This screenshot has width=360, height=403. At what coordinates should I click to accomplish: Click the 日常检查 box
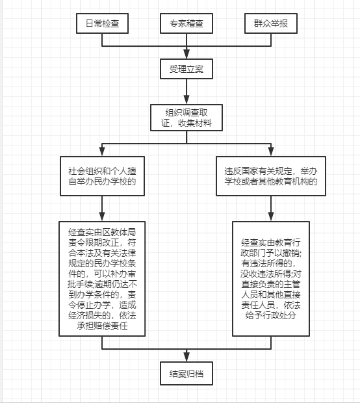102,23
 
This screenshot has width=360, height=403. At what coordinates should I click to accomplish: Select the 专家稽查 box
186,23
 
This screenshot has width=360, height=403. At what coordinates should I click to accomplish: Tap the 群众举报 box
271,23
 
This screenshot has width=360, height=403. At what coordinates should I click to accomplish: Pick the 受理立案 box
186,69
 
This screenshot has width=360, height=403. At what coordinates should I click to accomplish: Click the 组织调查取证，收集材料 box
186,118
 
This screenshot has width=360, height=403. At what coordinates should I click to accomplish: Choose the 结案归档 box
186,374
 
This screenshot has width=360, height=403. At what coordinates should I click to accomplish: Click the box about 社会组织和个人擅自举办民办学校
102,176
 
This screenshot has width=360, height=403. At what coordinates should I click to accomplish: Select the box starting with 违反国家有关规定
271,176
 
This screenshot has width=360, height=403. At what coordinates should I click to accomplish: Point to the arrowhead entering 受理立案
186,54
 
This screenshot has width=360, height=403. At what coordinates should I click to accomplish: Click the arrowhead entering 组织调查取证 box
186,99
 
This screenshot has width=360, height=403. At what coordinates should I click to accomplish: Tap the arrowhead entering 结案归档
186,357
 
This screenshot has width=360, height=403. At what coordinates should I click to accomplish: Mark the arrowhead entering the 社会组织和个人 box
102,151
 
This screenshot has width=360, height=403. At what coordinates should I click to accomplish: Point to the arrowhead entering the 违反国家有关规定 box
271,151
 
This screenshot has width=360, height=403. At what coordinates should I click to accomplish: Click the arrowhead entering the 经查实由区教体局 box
102,216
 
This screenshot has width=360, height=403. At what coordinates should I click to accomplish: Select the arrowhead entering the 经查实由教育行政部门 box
271,216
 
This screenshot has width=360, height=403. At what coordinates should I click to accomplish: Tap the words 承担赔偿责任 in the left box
102,326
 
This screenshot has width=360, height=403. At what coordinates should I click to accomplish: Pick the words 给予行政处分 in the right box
271,315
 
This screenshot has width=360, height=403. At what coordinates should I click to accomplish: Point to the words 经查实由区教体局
102,232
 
